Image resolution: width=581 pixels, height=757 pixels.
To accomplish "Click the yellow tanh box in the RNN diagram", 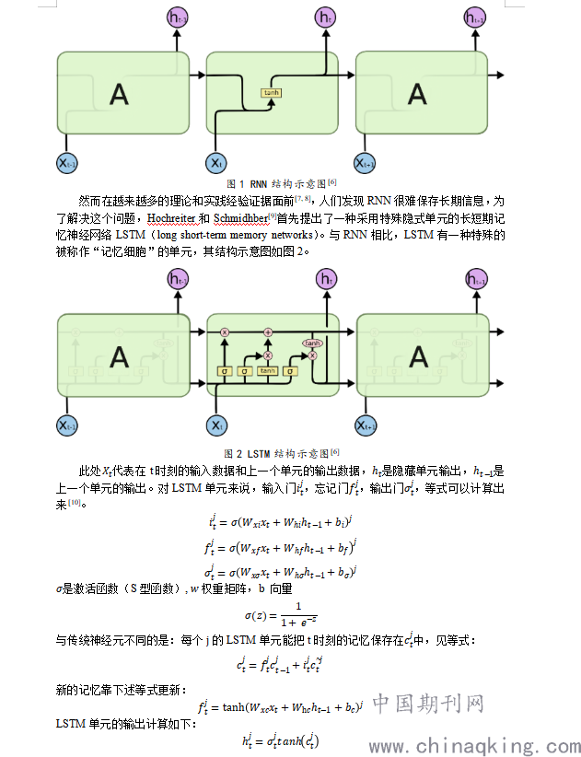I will (x=272, y=93).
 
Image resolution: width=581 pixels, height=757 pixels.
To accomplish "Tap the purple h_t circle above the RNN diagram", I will (x=325, y=17).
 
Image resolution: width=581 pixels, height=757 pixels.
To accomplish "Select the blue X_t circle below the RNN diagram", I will (x=215, y=163).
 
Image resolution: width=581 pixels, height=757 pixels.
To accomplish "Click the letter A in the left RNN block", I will (x=118, y=93).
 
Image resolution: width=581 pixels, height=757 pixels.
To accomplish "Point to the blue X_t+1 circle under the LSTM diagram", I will (x=366, y=425).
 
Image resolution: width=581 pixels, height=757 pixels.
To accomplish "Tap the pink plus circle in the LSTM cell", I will (x=269, y=331).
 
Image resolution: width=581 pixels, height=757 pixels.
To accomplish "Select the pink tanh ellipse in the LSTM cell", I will (x=313, y=342).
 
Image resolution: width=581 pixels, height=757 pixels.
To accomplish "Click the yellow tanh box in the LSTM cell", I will (x=268, y=371).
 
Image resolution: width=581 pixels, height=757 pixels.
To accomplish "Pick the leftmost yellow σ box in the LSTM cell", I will (x=223, y=371).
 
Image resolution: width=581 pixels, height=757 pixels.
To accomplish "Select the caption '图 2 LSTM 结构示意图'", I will (x=281, y=453).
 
